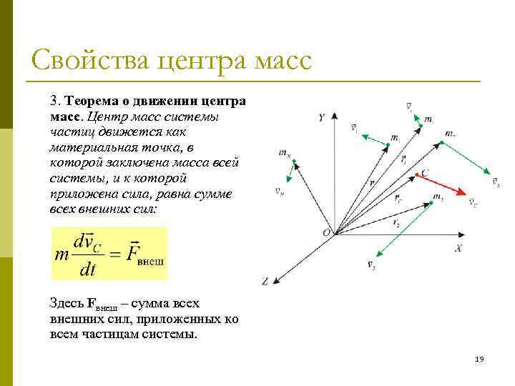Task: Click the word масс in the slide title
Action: tap(282, 60)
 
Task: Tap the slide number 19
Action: tap(479, 359)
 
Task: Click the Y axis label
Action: tap(323, 116)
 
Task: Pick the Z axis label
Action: tap(265, 282)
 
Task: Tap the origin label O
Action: tap(326, 233)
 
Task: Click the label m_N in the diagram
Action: tap(284, 153)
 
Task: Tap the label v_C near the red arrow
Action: tap(473, 202)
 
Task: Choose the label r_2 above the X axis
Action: tap(396, 222)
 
